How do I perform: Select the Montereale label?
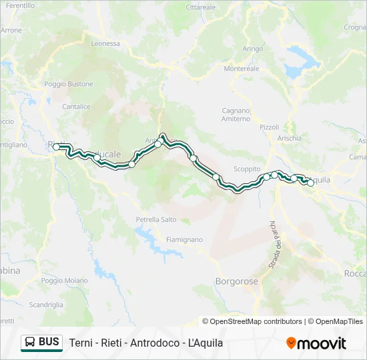[242, 69]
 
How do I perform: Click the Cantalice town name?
[75, 106]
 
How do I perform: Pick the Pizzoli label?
[270, 127]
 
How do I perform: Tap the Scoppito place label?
[247, 169]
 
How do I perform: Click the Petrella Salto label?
[156, 219]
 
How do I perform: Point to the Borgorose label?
[236, 281]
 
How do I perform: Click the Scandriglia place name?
[46, 305]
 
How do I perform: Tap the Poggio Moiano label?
[64, 281]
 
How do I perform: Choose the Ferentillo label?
[20, 5]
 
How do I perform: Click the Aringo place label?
[253, 49]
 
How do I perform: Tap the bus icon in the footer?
[30, 343]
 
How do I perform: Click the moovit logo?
[316, 343]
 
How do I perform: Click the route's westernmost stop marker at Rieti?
[57, 147]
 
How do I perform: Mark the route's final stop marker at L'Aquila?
[310, 182]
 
